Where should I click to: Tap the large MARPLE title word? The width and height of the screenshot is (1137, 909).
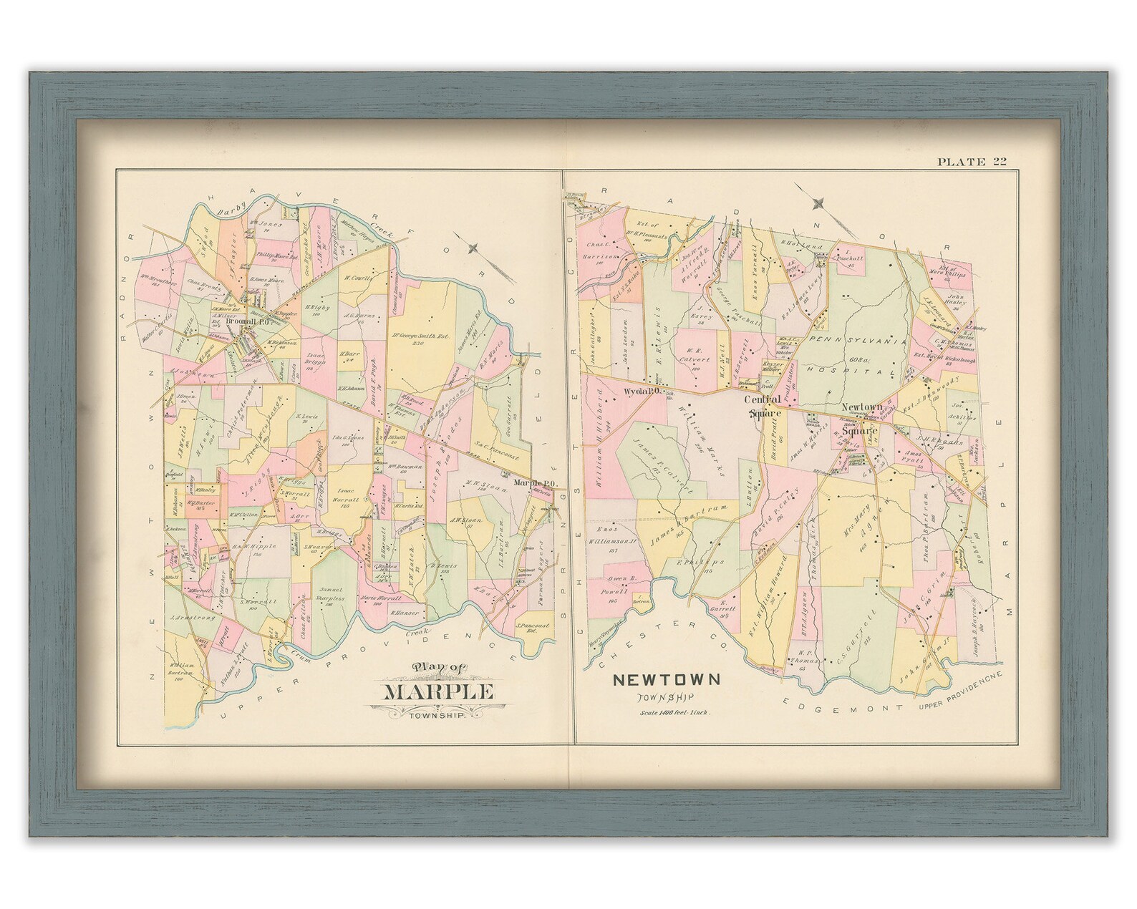439,692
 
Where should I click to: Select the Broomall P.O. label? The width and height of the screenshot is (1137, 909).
246,322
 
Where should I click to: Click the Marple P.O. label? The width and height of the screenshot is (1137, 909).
531,482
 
